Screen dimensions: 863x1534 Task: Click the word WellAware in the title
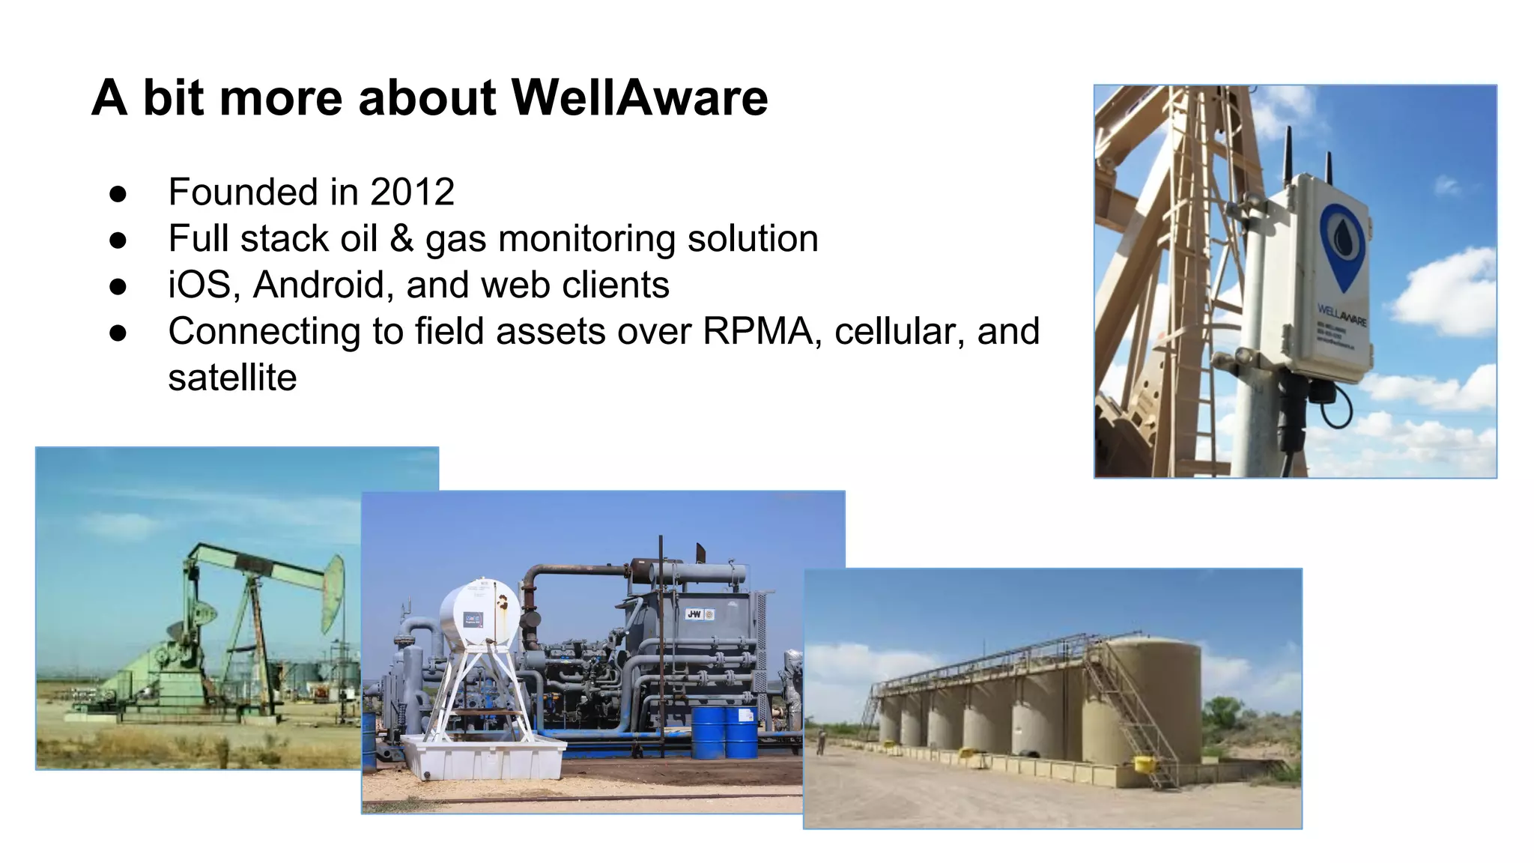pyautogui.click(x=639, y=98)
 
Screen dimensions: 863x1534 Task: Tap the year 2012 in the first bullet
pyautogui.click(x=412, y=192)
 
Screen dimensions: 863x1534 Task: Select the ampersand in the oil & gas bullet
pyautogui.click(x=401, y=239)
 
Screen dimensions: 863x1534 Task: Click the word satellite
pyautogui.click(x=232, y=378)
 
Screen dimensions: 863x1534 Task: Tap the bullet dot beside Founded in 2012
pyautogui.click(x=118, y=193)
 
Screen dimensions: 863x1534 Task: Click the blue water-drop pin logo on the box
pyautogui.click(x=1343, y=243)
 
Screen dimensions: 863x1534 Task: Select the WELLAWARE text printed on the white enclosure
pyautogui.click(x=1342, y=315)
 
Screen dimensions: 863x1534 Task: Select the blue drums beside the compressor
pyautogui.click(x=724, y=733)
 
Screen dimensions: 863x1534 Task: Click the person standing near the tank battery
pyautogui.click(x=821, y=742)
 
